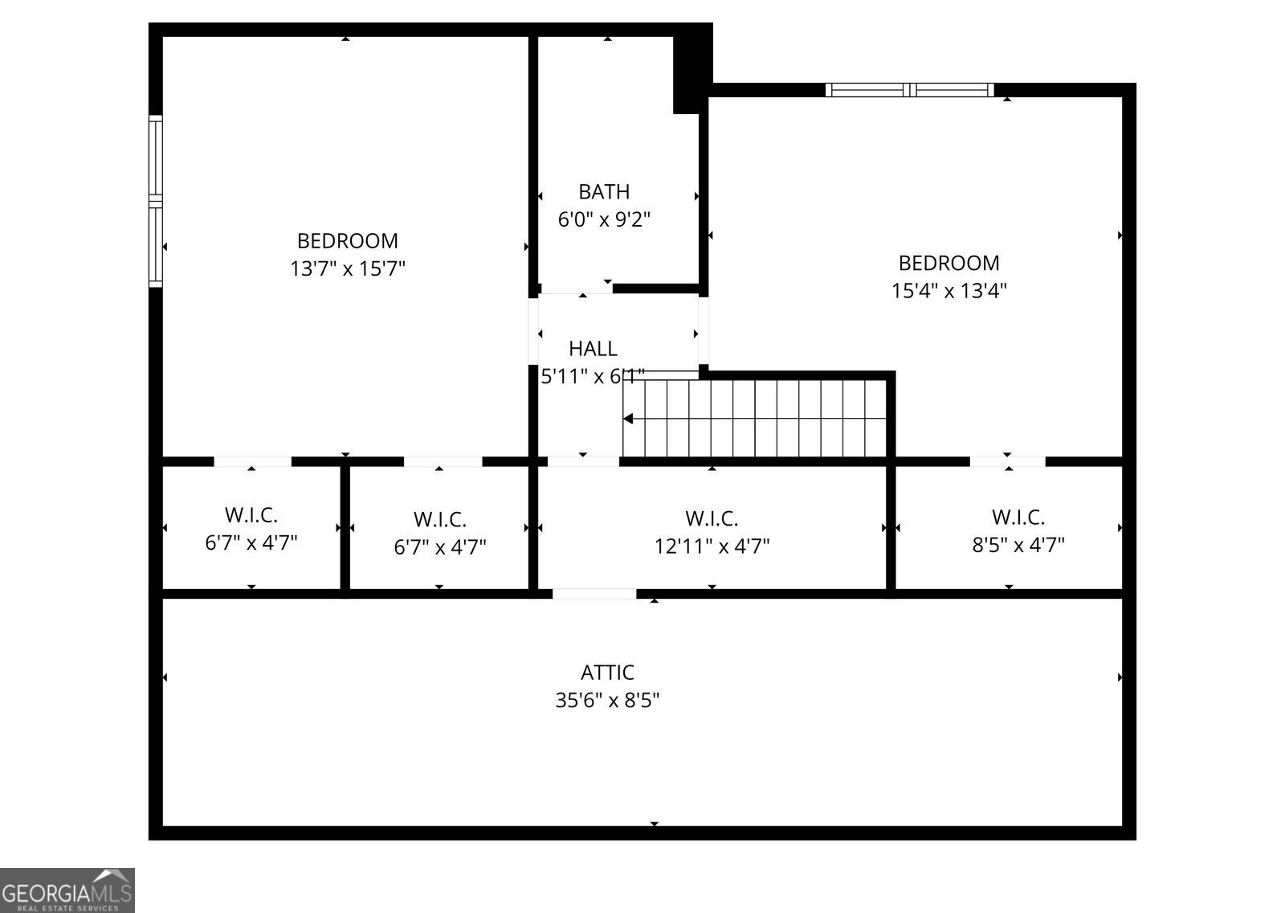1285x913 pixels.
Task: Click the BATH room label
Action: pos(604,191)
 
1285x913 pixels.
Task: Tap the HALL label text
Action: pos(593,348)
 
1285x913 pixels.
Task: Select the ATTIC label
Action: pos(607,672)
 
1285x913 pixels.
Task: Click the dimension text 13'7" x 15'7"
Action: pos(347,268)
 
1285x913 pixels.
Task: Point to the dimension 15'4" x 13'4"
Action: pos(948,290)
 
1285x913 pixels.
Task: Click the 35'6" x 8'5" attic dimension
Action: pos(607,700)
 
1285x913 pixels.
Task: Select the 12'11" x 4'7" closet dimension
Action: pos(712,547)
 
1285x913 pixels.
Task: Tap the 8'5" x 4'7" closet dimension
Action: pos(1018,545)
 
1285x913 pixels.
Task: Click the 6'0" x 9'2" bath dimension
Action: pos(604,219)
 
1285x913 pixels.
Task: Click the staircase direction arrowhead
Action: pos(629,419)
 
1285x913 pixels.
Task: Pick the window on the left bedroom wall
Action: pos(156,201)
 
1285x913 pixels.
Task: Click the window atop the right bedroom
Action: pos(909,89)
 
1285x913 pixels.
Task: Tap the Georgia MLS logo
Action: pos(67,890)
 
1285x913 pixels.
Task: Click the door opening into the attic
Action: pos(594,594)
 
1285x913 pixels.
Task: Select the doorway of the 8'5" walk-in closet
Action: pos(1007,461)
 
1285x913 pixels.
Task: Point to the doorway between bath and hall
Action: pos(576,289)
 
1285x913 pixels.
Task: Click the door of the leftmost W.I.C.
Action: pos(252,461)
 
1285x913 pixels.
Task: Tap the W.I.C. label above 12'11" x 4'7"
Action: pos(712,518)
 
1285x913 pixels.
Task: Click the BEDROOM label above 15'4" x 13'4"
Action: pos(948,263)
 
